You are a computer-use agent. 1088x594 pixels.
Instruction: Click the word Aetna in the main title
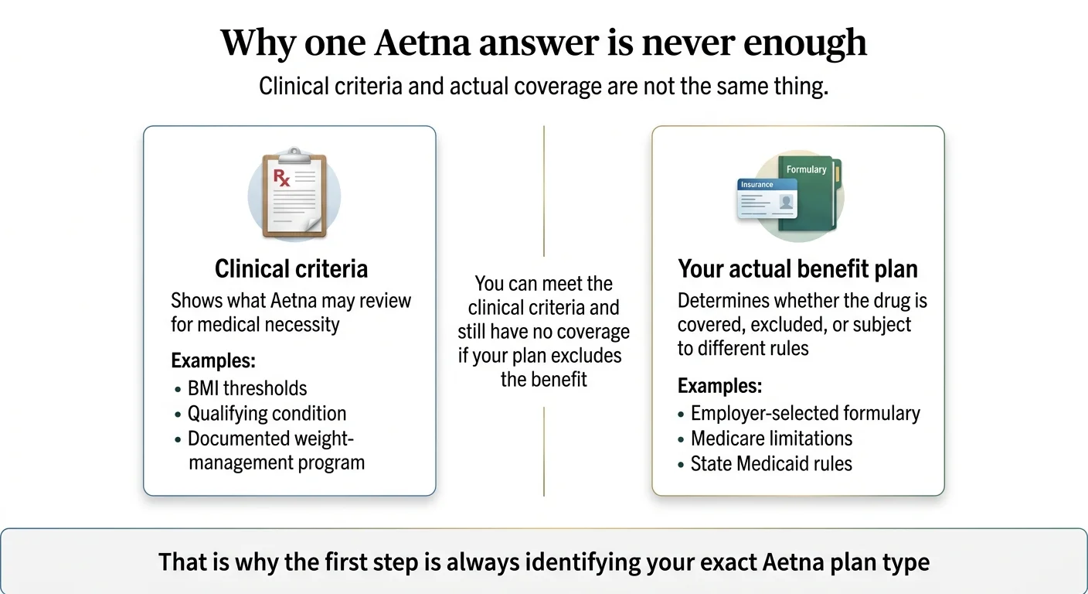pos(421,43)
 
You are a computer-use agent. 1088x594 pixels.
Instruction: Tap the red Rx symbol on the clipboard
pos(282,179)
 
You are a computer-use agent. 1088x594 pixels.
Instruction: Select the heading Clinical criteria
pos(291,269)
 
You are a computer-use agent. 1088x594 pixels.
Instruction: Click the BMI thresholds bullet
pos(247,388)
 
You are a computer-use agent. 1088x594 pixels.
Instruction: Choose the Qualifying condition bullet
pos(267,413)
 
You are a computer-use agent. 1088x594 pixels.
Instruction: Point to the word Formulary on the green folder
pos(806,169)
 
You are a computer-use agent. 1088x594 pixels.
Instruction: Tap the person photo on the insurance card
pos(786,203)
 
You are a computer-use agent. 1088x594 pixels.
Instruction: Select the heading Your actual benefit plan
pos(797,269)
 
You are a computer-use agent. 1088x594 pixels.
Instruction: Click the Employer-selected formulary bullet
pos(805,413)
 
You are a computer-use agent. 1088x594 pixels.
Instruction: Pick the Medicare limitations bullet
pos(771,439)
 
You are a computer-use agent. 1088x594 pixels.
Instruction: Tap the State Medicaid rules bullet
pos(771,464)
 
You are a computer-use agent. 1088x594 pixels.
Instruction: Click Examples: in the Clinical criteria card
pos(213,361)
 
